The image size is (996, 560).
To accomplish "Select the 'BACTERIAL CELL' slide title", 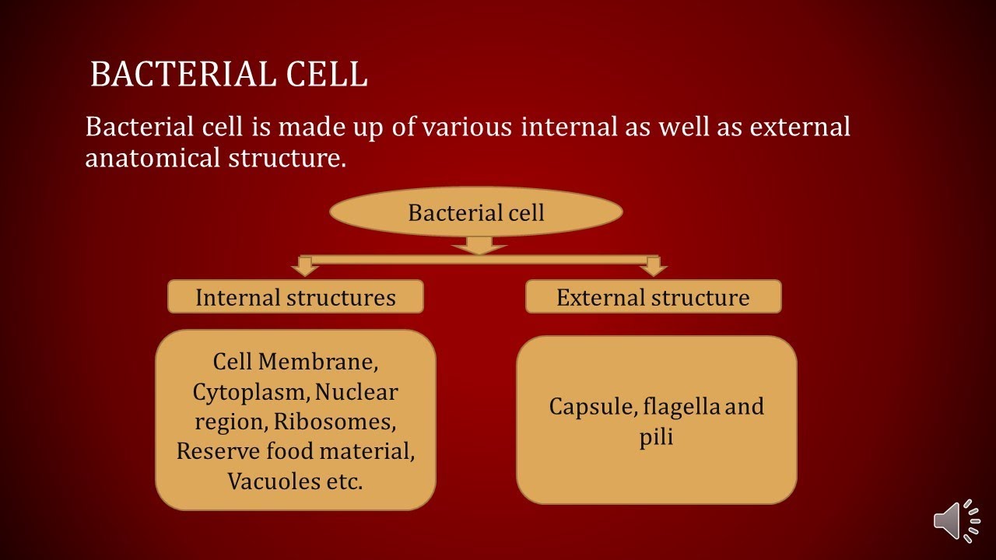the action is pos(229,75).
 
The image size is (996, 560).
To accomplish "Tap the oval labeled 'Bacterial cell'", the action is pos(476,212).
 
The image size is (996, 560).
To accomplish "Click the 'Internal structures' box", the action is pos(296,297).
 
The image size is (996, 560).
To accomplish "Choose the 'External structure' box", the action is pos(653,297).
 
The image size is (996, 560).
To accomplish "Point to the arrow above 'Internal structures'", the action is pos(305,267).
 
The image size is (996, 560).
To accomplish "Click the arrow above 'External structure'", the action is pos(654,267).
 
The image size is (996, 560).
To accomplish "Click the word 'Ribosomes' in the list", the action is pos(346,422).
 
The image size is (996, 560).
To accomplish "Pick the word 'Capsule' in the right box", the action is pos(584,407).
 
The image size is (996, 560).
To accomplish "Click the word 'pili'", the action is pos(656,436).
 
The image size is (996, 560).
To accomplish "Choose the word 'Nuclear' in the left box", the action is pos(356,392).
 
